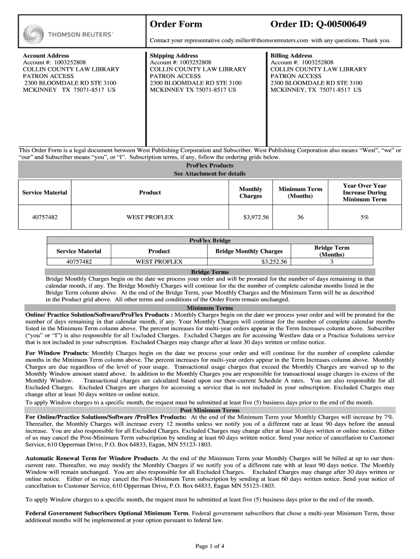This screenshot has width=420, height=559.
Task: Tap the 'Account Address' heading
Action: coord(46,56)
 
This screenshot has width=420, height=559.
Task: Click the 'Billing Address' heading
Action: coord(292,56)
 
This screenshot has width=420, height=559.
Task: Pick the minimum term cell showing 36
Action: coord(300,217)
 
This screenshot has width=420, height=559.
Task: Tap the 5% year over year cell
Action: coord(364,217)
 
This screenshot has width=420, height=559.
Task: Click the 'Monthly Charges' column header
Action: coord(251,193)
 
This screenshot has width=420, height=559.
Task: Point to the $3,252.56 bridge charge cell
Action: coord(274,262)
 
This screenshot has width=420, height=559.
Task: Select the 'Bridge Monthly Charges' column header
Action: coord(249,251)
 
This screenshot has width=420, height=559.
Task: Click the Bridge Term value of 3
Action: coord(332,262)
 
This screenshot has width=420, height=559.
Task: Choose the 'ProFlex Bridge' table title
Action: coord(210,240)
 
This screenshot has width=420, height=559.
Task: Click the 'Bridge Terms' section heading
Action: coord(210,272)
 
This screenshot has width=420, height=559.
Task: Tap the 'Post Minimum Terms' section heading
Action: coord(210,410)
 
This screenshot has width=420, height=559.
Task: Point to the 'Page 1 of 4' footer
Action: coord(210,546)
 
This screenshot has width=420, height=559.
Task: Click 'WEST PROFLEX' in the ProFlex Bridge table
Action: coord(159,262)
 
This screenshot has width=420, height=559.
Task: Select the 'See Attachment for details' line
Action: coord(210,174)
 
